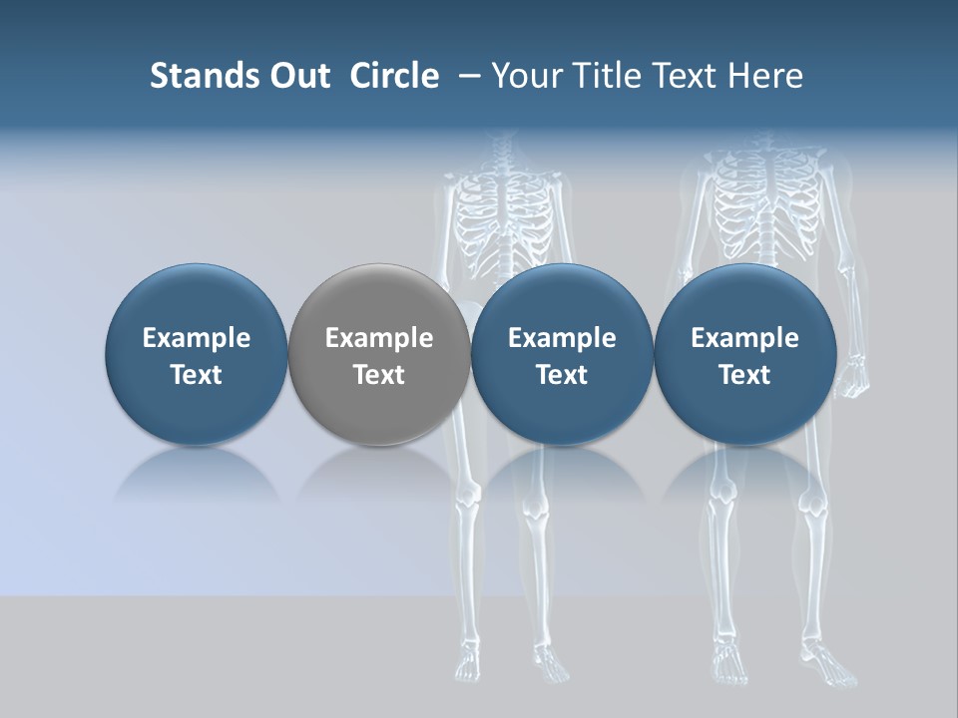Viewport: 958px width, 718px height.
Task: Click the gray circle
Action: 379,353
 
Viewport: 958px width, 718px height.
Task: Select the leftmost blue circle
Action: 197,353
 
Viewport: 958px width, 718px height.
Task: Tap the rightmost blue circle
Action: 744,353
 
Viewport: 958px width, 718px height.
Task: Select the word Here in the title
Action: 766,76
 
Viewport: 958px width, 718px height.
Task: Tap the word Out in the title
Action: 298,76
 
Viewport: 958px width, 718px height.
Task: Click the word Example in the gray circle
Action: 379,338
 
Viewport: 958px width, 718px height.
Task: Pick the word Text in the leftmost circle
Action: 197,375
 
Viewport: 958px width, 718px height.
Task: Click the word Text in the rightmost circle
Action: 744,375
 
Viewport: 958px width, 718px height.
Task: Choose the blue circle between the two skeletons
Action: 562,353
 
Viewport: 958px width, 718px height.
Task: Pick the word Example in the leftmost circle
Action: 197,338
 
